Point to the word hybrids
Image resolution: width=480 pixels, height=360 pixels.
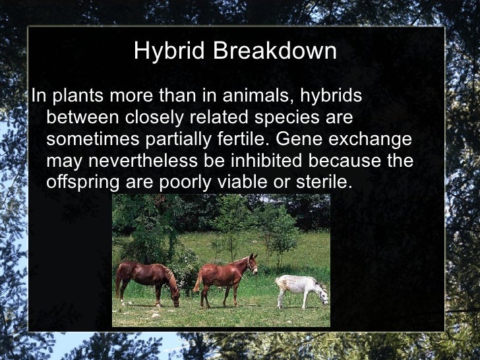coord(331,96)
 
